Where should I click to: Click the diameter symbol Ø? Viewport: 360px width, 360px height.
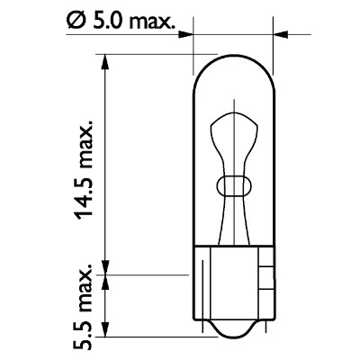pyautogui.click(x=76, y=18)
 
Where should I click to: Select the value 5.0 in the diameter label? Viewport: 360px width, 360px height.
pyautogui.click(x=106, y=18)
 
